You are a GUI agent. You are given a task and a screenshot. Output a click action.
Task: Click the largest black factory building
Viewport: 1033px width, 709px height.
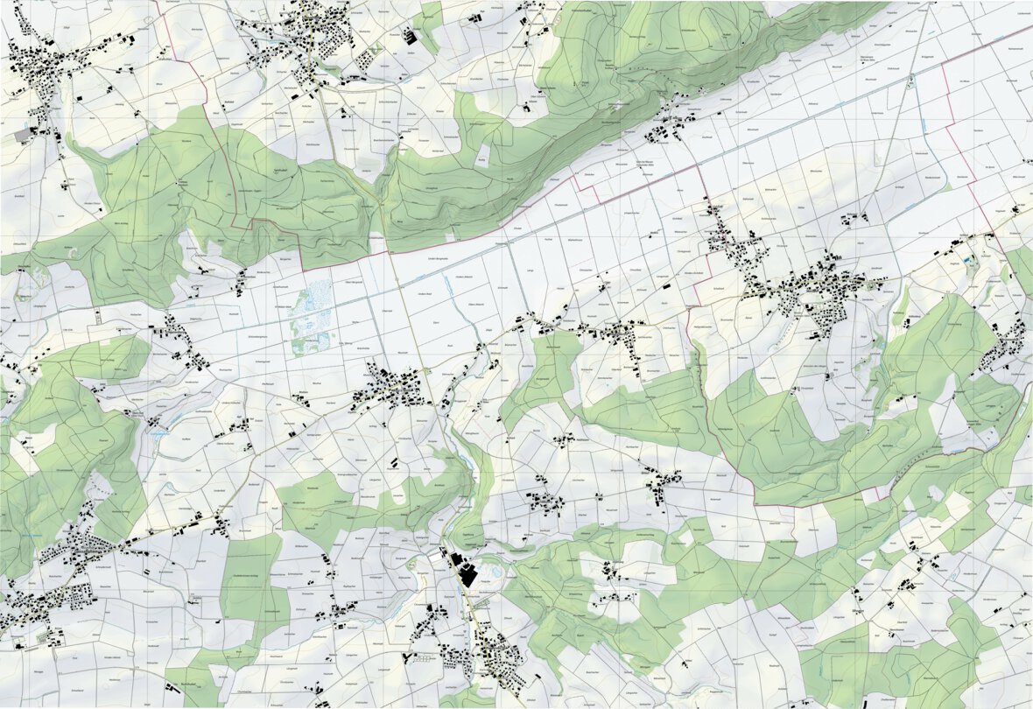tap(467, 576)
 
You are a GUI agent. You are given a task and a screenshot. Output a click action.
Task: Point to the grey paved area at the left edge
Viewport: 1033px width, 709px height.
tap(22, 136)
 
